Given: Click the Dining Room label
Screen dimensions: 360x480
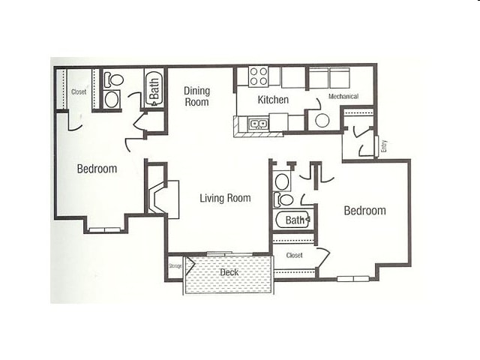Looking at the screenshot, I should (196, 96).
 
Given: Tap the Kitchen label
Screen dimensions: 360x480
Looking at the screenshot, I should (273, 100).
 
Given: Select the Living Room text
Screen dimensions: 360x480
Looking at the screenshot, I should (225, 198).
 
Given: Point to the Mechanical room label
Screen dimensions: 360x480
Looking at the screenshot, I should (343, 97).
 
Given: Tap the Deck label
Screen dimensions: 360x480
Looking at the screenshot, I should (229, 272).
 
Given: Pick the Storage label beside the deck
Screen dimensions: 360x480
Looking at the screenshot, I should (175, 265).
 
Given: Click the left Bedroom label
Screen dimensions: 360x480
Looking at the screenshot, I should (97, 169).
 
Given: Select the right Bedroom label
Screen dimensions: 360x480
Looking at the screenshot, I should (364, 211).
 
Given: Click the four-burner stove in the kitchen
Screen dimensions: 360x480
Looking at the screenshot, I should (259, 76).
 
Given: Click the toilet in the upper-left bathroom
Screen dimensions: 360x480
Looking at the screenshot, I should (112, 79).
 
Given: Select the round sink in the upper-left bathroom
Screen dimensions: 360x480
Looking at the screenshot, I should (112, 99).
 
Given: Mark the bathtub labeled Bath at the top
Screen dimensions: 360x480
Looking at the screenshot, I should (154, 88).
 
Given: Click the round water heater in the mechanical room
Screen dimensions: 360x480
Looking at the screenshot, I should (322, 120).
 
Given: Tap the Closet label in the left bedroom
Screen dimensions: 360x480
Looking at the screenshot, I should (79, 92).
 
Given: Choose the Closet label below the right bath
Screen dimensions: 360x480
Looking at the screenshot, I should (294, 256).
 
